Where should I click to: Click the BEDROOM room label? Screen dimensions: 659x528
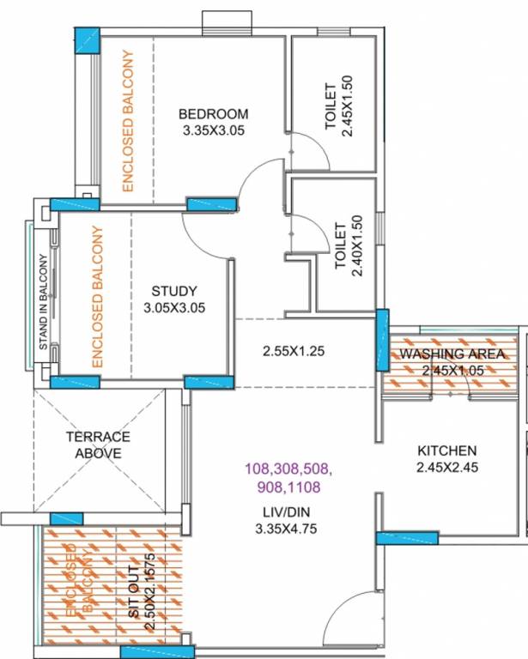(x=213, y=114)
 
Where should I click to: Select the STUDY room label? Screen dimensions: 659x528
(x=174, y=290)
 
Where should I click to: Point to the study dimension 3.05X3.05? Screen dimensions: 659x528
(x=174, y=307)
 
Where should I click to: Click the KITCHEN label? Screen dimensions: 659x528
(x=446, y=450)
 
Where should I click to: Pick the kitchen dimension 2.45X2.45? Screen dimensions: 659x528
(x=446, y=468)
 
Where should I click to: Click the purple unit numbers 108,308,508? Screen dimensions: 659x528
(x=288, y=469)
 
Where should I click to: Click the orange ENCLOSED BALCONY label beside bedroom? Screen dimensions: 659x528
(x=127, y=120)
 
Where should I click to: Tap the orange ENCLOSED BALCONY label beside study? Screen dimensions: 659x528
(x=97, y=297)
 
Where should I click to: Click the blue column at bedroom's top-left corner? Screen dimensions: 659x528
(x=87, y=40)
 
